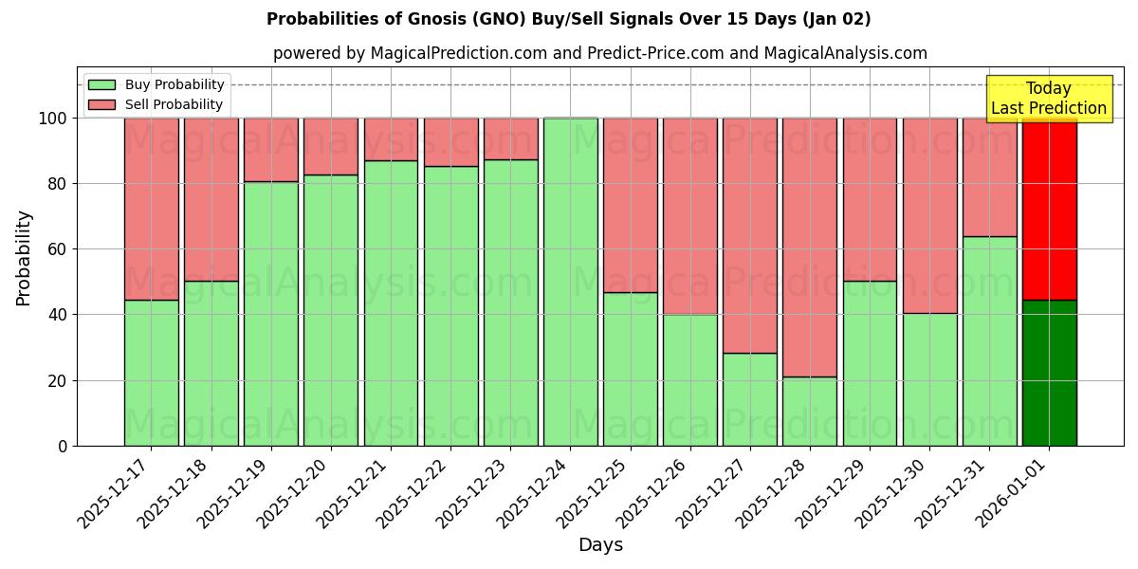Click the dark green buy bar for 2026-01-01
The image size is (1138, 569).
point(1049,373)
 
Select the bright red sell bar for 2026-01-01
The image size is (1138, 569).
point(1049,209)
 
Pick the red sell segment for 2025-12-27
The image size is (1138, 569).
point(750,235)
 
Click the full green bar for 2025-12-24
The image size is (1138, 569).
point(571,282)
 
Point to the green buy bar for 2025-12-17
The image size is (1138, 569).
point(152,373)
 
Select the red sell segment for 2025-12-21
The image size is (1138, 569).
point(391,138)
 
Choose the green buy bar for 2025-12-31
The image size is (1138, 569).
point(989,340)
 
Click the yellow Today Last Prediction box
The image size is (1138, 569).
point(1048,99)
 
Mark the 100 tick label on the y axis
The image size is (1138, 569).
point(53,119)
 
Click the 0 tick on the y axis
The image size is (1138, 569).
point(64,446)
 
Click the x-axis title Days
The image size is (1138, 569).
point(600,545)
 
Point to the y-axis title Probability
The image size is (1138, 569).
point(24,257)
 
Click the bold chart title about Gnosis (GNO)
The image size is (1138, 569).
point(568,19)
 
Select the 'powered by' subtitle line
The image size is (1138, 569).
point(599,53)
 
